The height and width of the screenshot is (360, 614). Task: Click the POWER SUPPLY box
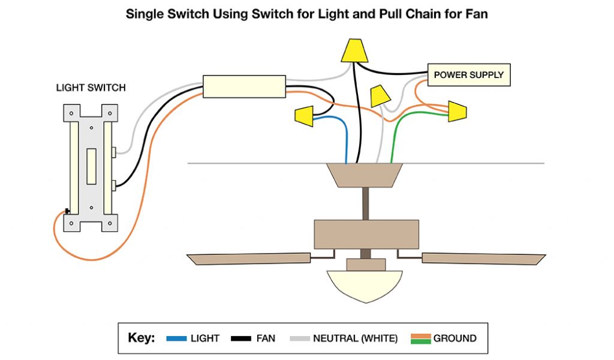click(x=469, y=74)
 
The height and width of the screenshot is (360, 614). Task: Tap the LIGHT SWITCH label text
click(x=91, y=88)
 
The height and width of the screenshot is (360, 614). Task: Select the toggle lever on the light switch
click(x=91, y=166)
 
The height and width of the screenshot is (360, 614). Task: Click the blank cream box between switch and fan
click(x=245, y=86)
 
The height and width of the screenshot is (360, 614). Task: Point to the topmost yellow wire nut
click(x=354, y=50)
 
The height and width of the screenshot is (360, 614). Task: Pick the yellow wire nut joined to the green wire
click(x=457, y=111)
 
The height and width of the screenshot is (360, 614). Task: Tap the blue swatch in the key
click(x=176, y=338)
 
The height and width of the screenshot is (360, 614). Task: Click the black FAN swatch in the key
click(x=241, y=338)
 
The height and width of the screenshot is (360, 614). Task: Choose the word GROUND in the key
click(x=455, y=338)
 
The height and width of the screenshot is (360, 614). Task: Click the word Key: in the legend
click(x=142, y=338)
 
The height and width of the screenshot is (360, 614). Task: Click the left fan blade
click(x=249, y=259)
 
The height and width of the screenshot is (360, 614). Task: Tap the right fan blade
click(x=484, y=259)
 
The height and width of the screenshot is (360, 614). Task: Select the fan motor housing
click(x=366, y=234)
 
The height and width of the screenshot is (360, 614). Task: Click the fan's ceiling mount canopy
click(x=365, y=175)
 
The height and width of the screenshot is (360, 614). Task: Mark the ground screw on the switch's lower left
click(x=67, y=212)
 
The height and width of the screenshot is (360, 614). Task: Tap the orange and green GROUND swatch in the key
click(x=420, y=338)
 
